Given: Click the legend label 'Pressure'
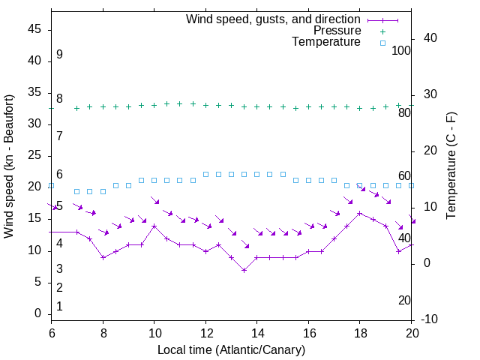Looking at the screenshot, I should pos(337,31).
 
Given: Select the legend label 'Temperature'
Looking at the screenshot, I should pos(326,42).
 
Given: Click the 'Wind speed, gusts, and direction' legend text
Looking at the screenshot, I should pos(274,19).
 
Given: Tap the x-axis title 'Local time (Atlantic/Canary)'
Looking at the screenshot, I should pos(231,349).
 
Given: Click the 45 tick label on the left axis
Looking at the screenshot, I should pos(34,28).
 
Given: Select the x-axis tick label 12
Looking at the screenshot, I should pos(205,333).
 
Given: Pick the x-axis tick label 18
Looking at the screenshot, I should pos(360,333).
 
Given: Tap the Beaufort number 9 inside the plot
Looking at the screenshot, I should pos(59,55).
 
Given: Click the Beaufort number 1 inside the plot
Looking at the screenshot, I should pos(59,306).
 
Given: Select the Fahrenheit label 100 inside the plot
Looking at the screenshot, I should pos(401,51).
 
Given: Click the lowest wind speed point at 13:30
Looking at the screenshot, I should pos(244,270).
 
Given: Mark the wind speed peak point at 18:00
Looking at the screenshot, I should pos(360,213).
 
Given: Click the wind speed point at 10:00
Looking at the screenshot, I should pos(154,226).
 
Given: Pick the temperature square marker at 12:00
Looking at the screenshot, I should pos(205,174).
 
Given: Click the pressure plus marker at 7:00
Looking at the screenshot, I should pos(76,108).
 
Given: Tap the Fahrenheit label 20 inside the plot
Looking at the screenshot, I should pos(404,300).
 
